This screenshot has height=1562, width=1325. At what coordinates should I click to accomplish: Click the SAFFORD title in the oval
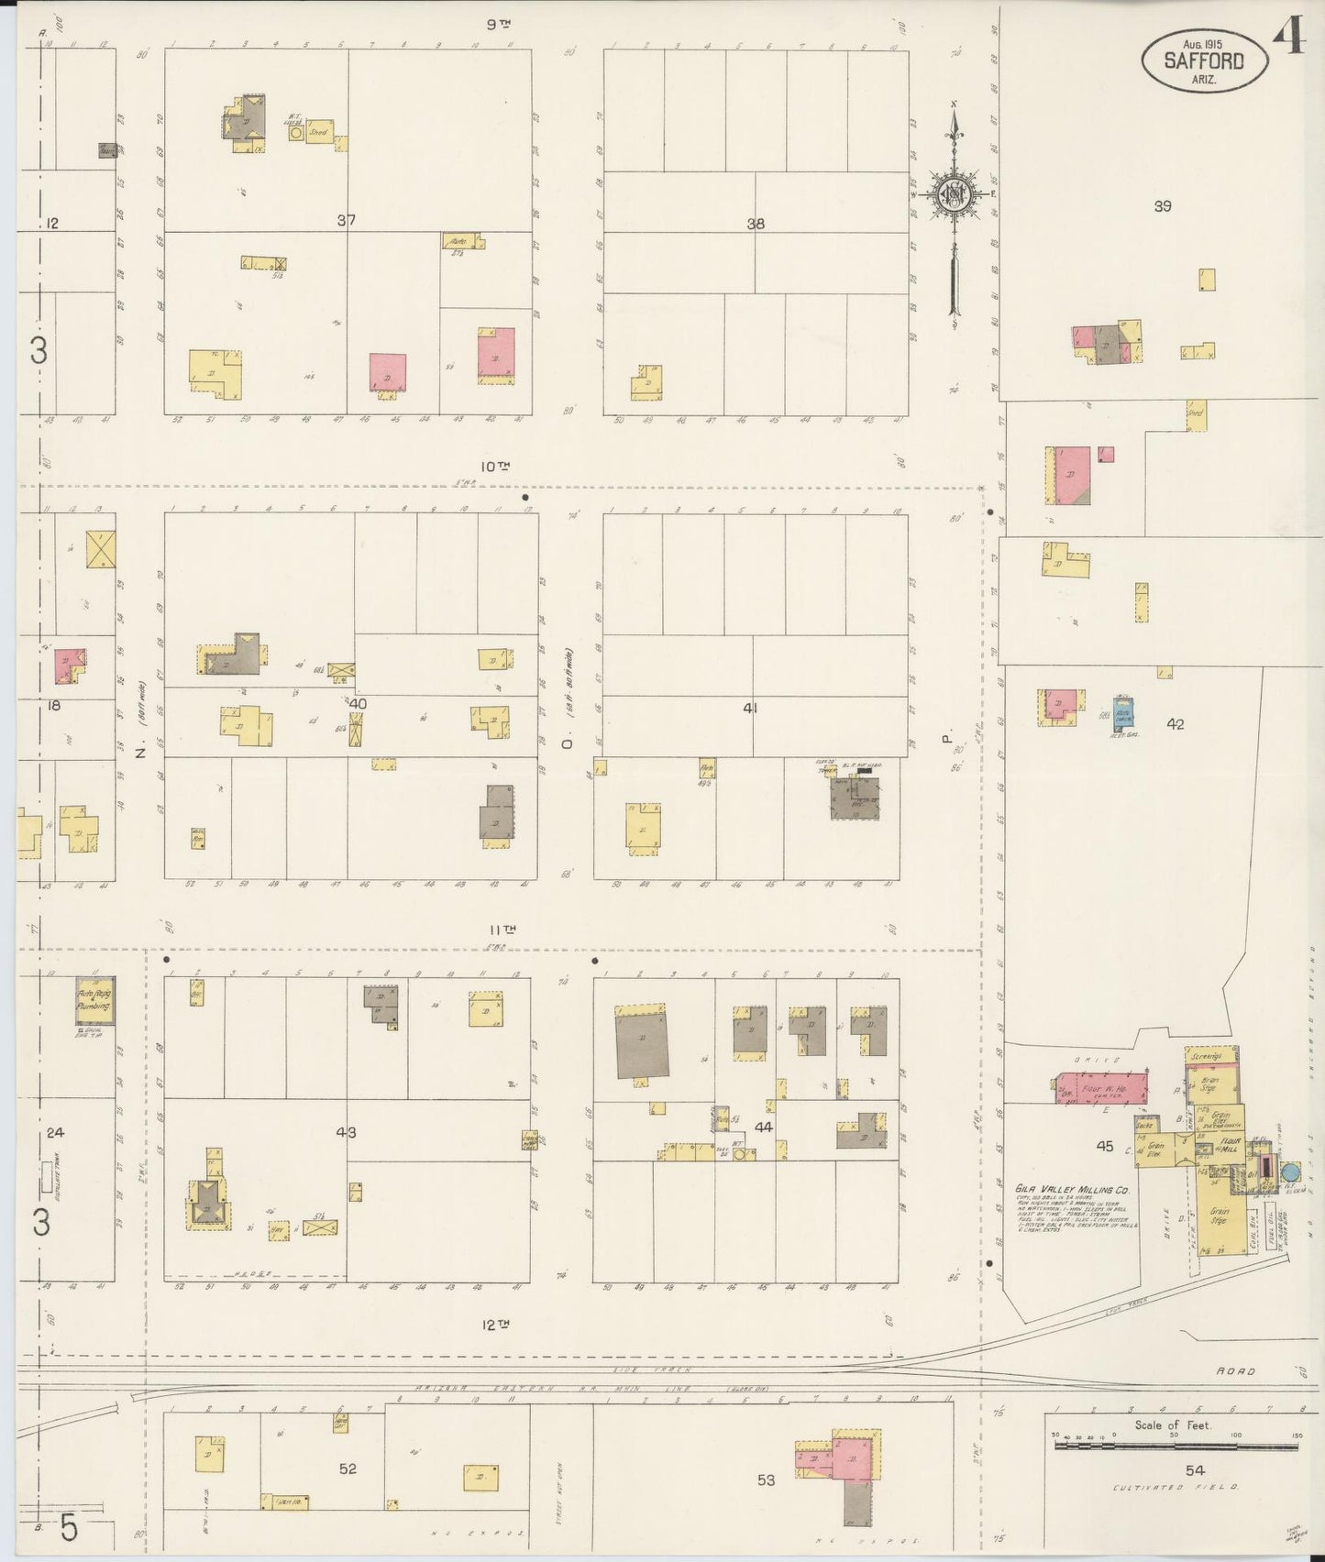pos(1204,61)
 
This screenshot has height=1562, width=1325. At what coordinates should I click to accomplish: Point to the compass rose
pos(954,193)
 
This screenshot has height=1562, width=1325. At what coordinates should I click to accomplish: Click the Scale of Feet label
pos(1173,1450)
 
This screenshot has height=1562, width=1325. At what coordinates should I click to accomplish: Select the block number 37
pos(346,220)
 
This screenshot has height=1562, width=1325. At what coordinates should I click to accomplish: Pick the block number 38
pos(756,223)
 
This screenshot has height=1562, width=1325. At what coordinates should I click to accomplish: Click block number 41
pos(750,708)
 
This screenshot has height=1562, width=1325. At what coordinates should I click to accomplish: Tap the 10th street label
pos(496,467)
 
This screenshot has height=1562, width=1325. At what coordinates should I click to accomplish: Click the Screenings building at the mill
pos(1207,1056)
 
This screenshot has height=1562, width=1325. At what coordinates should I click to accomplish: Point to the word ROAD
pos(1235,1371)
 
